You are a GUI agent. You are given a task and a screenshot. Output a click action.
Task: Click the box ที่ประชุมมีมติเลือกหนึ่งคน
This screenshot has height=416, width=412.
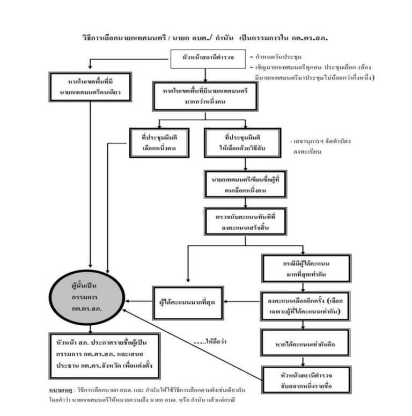[160, 142]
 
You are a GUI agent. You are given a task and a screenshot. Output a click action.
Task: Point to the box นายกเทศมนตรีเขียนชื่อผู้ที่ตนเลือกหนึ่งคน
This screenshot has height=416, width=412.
[244, 184]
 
